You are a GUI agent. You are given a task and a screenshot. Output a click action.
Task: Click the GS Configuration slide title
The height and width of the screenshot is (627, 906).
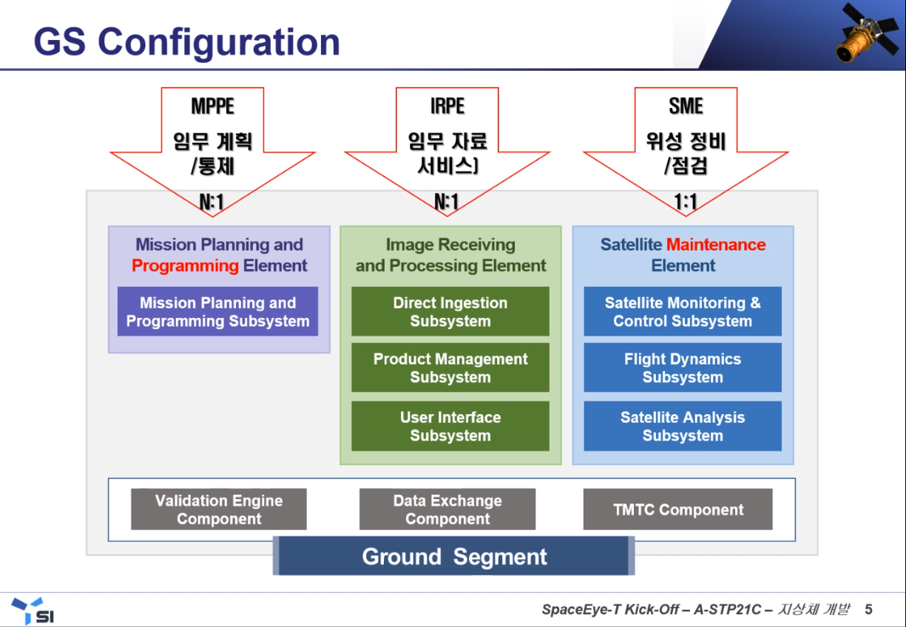coord(186,41)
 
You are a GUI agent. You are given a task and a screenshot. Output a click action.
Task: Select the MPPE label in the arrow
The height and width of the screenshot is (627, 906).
coord(212,106)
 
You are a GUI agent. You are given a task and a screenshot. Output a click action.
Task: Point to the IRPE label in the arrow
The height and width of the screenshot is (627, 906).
coord(447,106)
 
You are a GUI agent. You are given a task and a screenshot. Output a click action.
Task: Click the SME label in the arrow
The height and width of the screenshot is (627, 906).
coord(686,106)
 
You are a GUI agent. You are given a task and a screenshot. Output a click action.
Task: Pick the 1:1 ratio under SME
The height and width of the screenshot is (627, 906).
coord(686,202)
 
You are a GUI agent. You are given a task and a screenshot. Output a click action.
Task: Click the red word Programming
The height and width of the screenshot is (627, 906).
coord(186,265)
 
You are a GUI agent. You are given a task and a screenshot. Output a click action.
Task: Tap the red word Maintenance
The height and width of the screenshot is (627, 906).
coord(716,245)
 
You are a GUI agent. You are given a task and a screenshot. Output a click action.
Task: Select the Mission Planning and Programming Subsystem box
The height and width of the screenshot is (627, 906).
coord(218,312)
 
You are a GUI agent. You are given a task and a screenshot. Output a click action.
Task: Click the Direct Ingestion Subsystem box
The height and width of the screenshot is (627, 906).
coord(450,312)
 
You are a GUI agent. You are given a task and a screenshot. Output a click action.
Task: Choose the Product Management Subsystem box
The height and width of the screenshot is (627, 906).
coord(450,368)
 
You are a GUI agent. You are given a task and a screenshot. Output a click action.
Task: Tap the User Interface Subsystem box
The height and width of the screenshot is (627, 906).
coord(450,427)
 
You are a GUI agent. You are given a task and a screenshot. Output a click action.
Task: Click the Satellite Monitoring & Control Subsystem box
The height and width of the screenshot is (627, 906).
coord(683,312)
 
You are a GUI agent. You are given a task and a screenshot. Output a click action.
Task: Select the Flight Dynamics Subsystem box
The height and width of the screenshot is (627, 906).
coord(683,368)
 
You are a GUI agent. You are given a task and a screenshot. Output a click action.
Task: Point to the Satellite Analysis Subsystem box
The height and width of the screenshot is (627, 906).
coord(683,427)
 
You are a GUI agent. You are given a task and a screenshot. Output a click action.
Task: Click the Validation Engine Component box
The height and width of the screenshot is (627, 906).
coord(219,509)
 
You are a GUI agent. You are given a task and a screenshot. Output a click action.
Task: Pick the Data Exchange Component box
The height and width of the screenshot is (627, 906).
coord(447,509)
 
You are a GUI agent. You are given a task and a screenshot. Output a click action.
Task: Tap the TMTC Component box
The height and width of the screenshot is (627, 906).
coord(678,509)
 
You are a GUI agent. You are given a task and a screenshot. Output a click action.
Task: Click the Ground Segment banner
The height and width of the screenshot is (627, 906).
coord(454,557)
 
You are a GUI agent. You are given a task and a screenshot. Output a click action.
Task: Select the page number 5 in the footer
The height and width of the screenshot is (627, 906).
coord(869,609)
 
